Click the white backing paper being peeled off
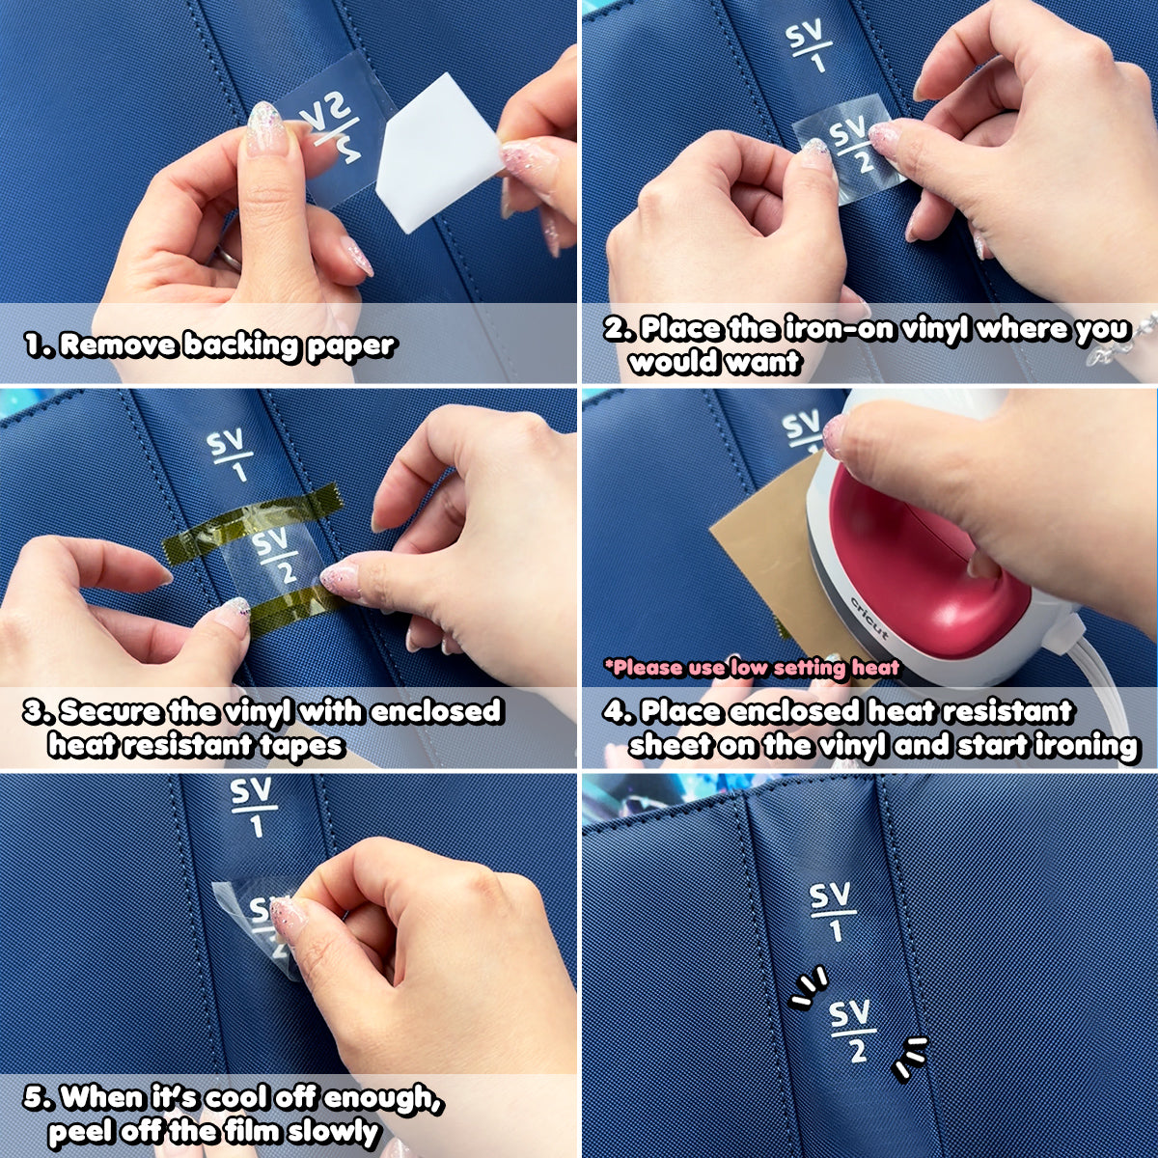click(440, 153)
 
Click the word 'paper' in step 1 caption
click(351, 347)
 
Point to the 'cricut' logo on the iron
click(869, 619)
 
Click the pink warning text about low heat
click(752, 668)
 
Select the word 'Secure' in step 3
click(111, 711)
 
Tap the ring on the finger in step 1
click(226, 258)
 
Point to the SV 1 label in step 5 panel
click(254, 807)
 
